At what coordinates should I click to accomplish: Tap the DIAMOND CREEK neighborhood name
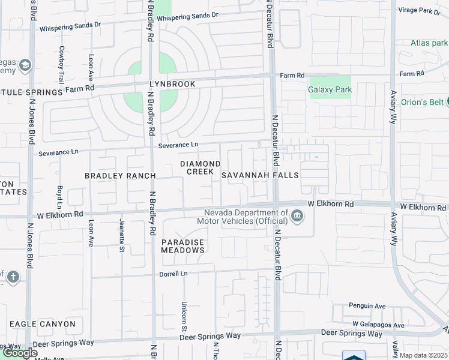click(x=200, y=167)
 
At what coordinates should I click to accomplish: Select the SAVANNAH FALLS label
click(x=260, y=175)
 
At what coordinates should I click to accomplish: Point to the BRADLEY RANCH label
click(x=120, y=176)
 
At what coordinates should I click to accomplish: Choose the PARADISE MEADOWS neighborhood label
click(x=183, y=245)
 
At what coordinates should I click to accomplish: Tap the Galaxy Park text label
click(x=330, y=90)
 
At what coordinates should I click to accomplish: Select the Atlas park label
click(x=429, y=43)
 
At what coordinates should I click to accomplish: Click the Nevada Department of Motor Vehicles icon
click(x=297, y=216)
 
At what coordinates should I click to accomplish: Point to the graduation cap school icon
click(x=25, y=64)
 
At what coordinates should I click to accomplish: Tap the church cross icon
click(x=13, y=277)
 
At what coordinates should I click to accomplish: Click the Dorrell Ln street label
click(x=173, y=274)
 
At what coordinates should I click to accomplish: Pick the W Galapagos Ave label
click(x=378, y=325)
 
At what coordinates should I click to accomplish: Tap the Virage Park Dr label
click(x=424, y=10)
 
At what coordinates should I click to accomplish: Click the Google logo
click(x=20, y=353)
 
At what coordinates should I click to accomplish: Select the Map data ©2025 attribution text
click(x=424, y=355)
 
